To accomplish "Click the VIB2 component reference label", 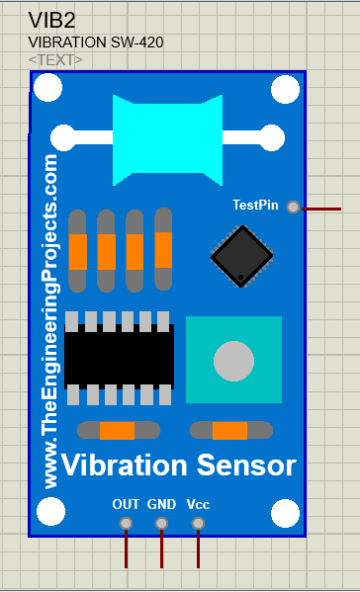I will coord(52,20).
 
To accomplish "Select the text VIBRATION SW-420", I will coord(96,42).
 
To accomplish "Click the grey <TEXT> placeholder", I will coord(55,60).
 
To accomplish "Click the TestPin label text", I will coord(255,205).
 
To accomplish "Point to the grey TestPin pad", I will coord(293,207).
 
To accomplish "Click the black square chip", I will coord(241,256).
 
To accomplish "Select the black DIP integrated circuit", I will coord(119,357).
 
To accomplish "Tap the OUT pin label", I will coord(126,504).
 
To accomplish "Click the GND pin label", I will coord(161,504).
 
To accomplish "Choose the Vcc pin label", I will coord(198,504).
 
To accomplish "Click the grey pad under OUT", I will coord(126,523).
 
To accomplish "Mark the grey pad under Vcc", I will coord(198,523).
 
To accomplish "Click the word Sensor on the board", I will coord(247,465).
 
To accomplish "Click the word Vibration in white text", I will coord(124,465).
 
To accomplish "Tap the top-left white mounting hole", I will coord(47,90).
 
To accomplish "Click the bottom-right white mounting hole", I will coord(285,513).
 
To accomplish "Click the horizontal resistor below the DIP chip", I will coord(118,430).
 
